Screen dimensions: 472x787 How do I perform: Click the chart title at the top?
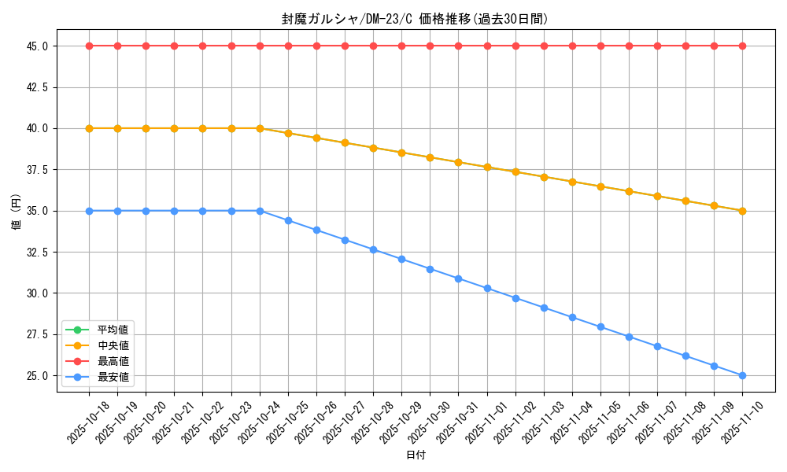[x=415, y=19]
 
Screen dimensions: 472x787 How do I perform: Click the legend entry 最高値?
[x=113, y=361]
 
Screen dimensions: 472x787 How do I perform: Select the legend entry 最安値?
[x=113, y=378]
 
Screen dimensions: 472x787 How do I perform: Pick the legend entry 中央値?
[x=113, y=345]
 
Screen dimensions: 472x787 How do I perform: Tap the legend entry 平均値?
[x=113, y=330]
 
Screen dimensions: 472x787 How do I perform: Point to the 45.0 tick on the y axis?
[x=37, y=46]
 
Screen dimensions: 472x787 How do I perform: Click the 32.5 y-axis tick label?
[x=37, y=253]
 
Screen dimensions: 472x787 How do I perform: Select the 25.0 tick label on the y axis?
[x=37, y=376]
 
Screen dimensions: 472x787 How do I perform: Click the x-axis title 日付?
[x=416, y=455]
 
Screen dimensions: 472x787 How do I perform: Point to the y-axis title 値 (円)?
[x=16, y=211]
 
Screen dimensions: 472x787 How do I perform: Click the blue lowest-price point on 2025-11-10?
[x=742, y=375]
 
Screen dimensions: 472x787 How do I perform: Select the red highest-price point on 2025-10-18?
[x=89, y=46]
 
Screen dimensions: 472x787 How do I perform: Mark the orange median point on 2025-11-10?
[x=742, y=211]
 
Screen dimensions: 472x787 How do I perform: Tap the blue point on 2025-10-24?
[x=260, y=211]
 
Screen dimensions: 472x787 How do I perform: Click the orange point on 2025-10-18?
[x=89, y=128]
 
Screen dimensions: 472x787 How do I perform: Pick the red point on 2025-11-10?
[x=742, y=46]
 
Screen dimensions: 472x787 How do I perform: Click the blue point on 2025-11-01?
[x=487, y=289]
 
